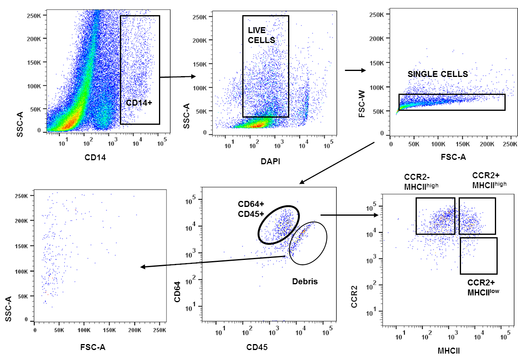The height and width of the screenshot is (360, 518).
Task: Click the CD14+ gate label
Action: [x=139, y=102]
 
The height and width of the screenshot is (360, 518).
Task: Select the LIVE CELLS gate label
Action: [x=261, y=35]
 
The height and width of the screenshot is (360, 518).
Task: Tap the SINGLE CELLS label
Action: [x=438, y=74]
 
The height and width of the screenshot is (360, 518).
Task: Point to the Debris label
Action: [x=304, y=281]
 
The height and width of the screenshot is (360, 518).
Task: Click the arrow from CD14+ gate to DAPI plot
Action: [x=178, y=77]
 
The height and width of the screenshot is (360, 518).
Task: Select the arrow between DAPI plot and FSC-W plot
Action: [x=355, y=71]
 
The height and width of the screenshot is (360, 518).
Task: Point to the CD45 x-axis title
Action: [x=257, y=347]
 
